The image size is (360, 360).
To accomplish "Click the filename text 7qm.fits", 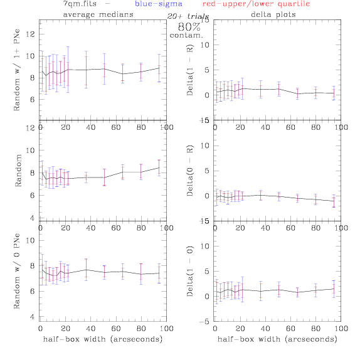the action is click(80, 4).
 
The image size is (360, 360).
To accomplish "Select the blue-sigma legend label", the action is click(159, 4).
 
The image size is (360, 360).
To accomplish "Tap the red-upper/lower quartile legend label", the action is click(256, 4).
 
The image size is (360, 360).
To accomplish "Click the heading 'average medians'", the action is click(98, 14).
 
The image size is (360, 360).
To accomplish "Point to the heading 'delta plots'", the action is click(273, 14).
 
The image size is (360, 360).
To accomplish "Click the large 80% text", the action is click(189, 27).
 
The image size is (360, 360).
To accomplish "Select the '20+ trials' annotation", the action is click(188, 16).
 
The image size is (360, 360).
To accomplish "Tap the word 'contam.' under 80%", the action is click(186, 35).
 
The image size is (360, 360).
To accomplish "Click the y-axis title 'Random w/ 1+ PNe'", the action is click(16, 70).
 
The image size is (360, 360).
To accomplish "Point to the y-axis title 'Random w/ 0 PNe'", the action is click(16, 271).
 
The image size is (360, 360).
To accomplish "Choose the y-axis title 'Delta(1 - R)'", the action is click(190, 70).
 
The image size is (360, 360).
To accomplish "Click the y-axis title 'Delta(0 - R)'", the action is click(190, 171).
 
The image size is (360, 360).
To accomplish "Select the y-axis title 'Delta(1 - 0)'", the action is click(190, 272).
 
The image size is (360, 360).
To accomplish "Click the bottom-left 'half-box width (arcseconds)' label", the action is click(103, 339).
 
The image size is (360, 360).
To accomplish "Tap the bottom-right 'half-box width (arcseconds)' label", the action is click(277, 339).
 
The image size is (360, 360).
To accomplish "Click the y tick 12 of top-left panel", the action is click(30, 34).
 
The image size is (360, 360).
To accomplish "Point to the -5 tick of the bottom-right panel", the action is click(204, 322).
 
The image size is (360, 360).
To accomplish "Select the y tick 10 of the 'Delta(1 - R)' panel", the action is click(205, 45).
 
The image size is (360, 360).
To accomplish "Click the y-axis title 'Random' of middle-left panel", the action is click(18, 171).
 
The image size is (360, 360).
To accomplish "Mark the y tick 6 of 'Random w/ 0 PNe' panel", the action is click(33, 291).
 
